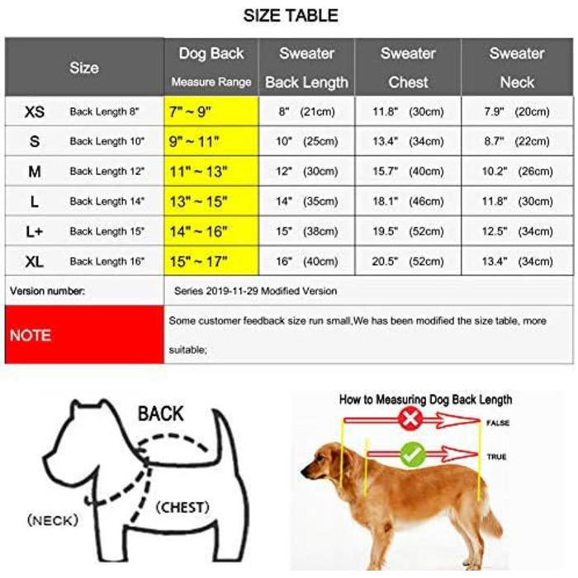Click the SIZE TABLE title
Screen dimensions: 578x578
click(291, 16)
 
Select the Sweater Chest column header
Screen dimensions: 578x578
click(408, 67)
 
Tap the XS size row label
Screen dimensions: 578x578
click(36, 111)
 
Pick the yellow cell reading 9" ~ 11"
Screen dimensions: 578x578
click(211, 142)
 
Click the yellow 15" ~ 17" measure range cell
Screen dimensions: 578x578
click(211, 262)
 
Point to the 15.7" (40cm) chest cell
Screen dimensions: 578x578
click(408, 172)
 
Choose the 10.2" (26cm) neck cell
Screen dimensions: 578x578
click(518, 172)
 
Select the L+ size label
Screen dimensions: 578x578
click(35, 232)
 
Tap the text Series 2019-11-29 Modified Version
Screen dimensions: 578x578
click(255, 291)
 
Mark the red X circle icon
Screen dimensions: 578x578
click(410, 420)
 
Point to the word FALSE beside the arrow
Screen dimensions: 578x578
click(497, 423)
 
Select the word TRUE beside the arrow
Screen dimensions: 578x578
click(496, 457)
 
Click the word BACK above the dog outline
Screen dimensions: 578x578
click(160, 413)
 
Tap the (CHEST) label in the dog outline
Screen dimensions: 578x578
click(182, 506)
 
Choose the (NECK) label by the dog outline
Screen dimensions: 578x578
click(52, 520)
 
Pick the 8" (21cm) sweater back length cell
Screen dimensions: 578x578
click(306, 111)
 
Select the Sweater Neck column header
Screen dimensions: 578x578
click(517, 67)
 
